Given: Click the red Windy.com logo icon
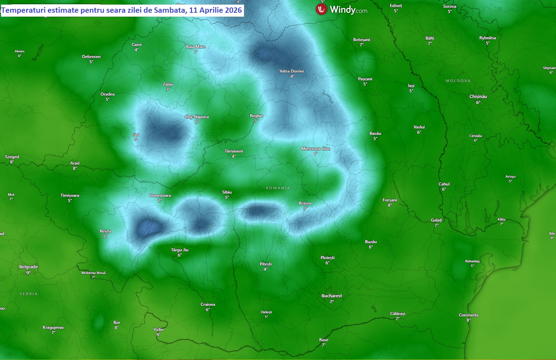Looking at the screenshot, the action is (x=321, y=10).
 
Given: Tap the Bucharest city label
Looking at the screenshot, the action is (x=331, y=296).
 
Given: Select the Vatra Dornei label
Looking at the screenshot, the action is (x=291, y=71).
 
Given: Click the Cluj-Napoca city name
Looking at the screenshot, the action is (x=197, y=117).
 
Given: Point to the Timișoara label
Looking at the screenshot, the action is (x=70, y=195).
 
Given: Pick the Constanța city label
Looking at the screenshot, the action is (x=468, y=315).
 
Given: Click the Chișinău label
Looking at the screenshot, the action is (x=478, y=97).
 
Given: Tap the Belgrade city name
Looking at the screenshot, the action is (x=28, y=267).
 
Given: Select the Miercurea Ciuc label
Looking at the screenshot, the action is (x=316, y=149).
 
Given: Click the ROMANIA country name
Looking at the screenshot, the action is (x=278, y=188).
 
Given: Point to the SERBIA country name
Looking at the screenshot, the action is (x=29, y=294).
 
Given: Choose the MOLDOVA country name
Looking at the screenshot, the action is (x=458, y=81).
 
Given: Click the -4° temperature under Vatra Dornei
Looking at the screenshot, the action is (x=291, y=76).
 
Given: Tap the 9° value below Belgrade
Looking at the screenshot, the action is (x=28, y=273).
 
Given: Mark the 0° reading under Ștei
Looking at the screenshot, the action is (x=136, y=139).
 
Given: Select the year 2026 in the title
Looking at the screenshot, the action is (x=233, y=10).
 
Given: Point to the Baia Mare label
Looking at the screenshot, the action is (x=195, y=47).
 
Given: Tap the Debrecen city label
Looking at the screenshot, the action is (x=91, y=57).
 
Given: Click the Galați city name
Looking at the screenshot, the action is (x=436, y=220).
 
